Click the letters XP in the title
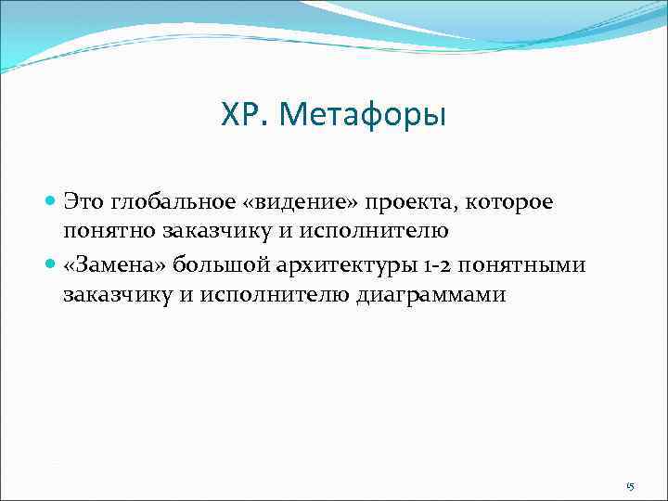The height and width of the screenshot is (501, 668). (239, 115)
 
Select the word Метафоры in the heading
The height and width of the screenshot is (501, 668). (363, 115)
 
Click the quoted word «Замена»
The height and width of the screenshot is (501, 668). (110, 265)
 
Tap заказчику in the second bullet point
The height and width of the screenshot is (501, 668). (115, 295)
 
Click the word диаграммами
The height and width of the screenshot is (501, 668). (426, 295)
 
